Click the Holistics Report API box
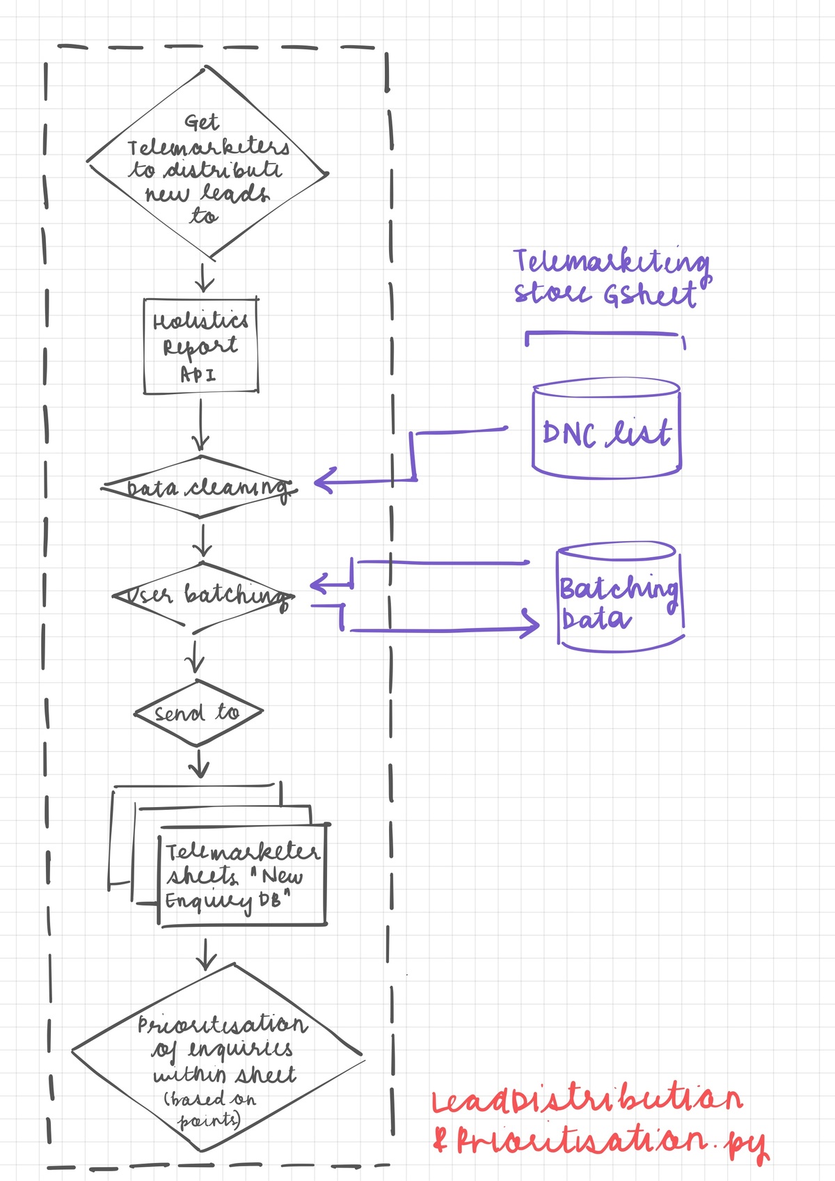point(200,346)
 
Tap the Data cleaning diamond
point(201,487)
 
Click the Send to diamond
point(198,712)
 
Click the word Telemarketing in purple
point(611,262)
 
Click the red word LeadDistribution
point(587,1100)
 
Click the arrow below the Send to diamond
point(199,765)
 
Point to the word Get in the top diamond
point(202,123)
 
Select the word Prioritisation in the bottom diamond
point(221,1024)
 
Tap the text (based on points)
point(209,1109)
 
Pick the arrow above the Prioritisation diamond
point(206,955)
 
